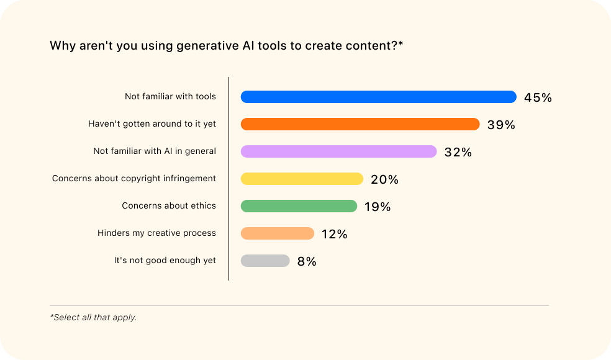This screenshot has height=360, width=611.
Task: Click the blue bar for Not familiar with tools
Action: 378,97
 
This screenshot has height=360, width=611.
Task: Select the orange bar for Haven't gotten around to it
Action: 360,124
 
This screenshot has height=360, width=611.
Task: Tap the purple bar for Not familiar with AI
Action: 338,151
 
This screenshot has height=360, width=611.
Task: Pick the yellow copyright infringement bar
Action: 302,179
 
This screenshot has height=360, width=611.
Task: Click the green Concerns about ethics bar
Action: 299,206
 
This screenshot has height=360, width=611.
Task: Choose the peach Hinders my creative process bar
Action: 278,233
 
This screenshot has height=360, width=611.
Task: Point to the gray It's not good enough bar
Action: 265,261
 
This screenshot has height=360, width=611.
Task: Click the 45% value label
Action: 538,97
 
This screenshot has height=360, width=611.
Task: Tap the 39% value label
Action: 501,125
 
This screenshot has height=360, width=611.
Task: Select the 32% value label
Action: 458,152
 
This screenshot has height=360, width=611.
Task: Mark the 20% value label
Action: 384,179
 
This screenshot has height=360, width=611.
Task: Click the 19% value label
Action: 378,207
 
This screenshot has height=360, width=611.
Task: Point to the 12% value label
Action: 334,234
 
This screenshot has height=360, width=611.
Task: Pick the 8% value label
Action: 307,261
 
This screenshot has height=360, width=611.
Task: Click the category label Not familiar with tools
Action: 170,97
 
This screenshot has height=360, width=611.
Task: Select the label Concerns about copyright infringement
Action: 134,179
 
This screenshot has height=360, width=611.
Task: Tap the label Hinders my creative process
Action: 156,233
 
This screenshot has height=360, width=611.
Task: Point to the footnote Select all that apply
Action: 93,317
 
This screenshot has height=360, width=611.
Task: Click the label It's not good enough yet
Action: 165,261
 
